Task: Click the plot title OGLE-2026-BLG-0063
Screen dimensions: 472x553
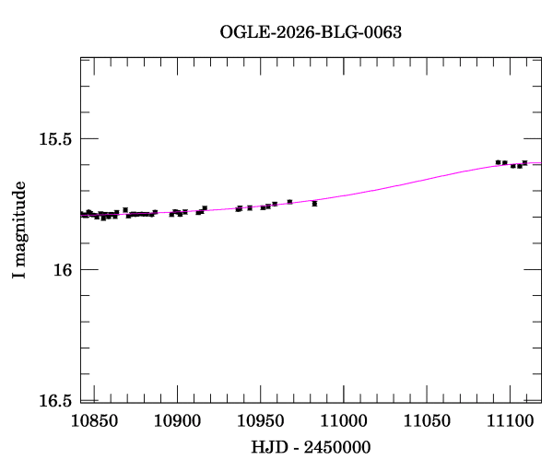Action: click(312, 32)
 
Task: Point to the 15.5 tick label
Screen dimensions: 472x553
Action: click(54, 139)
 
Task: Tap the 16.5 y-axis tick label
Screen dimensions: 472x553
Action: click(54, 400)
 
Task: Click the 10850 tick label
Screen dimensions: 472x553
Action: click(94, 420)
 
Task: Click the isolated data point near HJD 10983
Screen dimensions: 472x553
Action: click(314, 203)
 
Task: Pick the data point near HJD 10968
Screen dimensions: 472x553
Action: click(289, 201)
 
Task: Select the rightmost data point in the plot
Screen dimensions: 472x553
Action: click(524, 162)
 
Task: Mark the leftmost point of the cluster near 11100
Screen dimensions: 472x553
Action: click(498, 162)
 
